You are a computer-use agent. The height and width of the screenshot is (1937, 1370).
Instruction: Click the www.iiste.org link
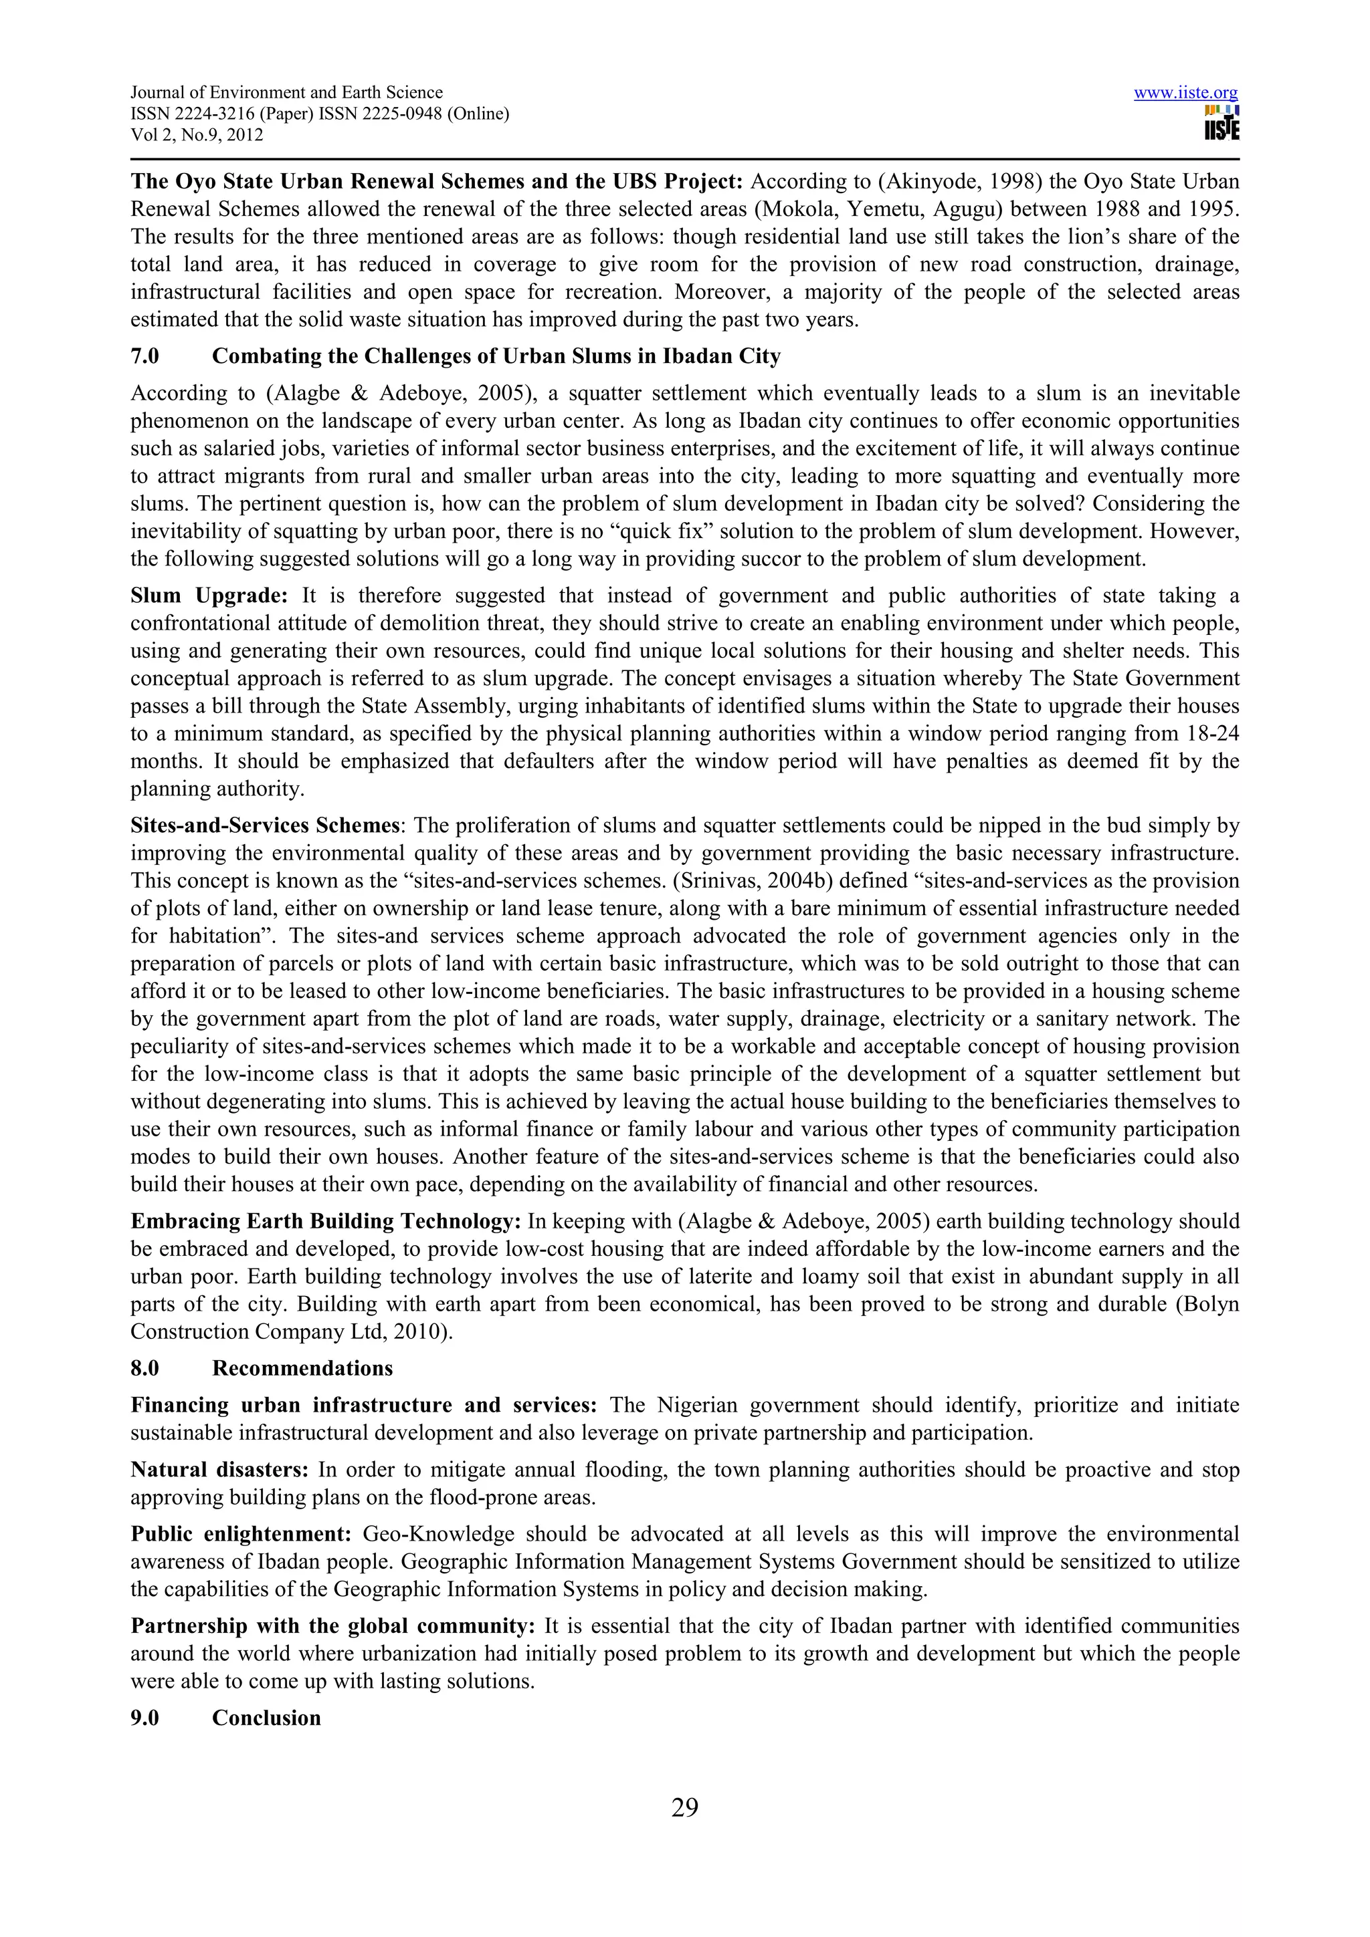pyautogui.click(x=1185, y=93)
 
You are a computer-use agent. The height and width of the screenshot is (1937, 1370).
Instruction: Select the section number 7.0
pyautogui.click(x=144, y=356)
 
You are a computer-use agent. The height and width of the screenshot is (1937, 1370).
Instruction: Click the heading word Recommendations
pyautogui.click(x=302, y=1368)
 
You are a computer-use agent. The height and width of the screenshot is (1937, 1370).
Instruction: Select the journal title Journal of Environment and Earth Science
pyautogui.click(x=286, y=93)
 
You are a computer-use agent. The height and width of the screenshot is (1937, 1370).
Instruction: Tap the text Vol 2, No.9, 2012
pyautogui.click(x=197, y=135)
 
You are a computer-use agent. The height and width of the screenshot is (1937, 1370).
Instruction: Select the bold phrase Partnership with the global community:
pyautogui.click(x=332, y=1626)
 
